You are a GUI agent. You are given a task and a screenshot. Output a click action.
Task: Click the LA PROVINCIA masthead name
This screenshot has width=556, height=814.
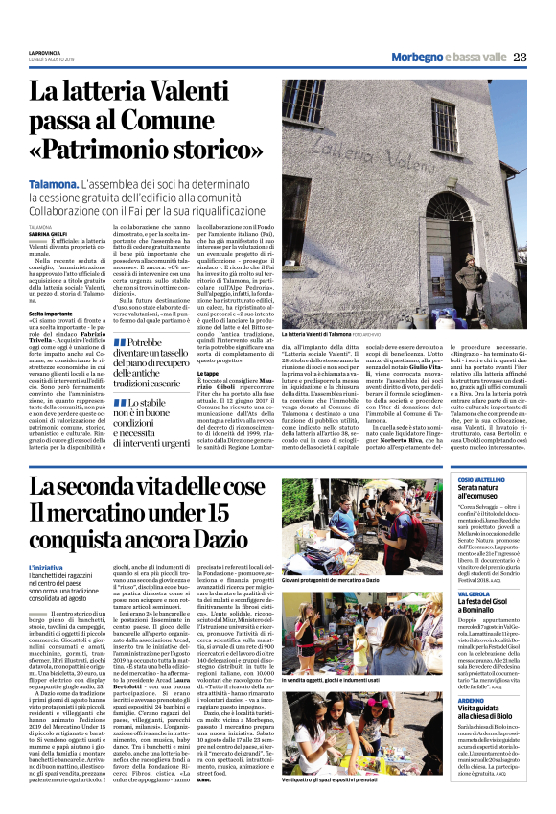(43, 52)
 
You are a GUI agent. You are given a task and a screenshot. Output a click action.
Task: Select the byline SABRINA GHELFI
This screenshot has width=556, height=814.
(47, 232)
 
